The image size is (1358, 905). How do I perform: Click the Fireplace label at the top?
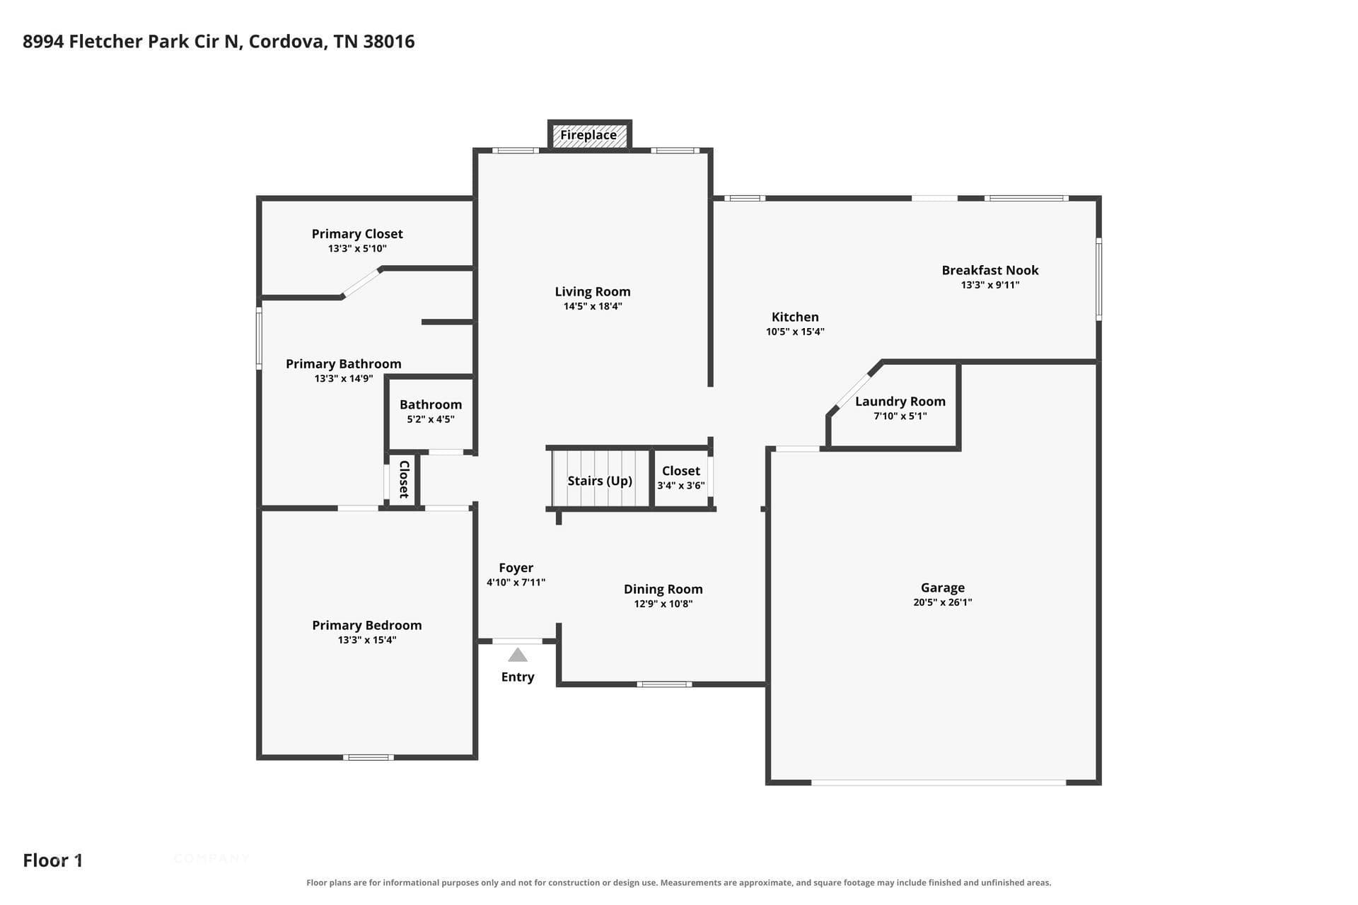(x=588, y=135)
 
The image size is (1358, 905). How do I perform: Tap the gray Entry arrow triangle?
(x=518, y=655)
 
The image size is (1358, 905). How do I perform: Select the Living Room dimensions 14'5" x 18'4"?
(x=593, y=306)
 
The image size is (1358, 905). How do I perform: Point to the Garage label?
(x=943, y=588)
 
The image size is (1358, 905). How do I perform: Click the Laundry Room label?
(x=900, y=402)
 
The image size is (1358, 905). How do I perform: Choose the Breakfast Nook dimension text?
(x=990, y=285)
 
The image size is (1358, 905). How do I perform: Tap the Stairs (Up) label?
(x=600, y=481)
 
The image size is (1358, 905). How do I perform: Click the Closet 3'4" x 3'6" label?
(x=681, y=477)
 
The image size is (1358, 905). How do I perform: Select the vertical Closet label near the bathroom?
(x=405, y=479)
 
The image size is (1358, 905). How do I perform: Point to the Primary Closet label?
(x=357, y=234)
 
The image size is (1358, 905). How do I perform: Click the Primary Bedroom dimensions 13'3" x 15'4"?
(x=367, y=640)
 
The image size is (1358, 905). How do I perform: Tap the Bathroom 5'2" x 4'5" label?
(x=431, y=411)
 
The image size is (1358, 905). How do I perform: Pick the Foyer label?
(x=516, y=568)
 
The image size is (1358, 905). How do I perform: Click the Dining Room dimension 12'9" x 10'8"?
(x=663, y=604)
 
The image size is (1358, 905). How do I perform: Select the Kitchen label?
(x=795, y=317)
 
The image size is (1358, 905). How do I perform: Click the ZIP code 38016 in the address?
(x=389, y=42)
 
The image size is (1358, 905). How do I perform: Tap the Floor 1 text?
(x=53, y=860)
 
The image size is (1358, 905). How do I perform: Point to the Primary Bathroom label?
(x=344, y=364)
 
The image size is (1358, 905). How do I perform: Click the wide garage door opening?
(x=939, y=783)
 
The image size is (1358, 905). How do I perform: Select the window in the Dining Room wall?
(x=664, y=684)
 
